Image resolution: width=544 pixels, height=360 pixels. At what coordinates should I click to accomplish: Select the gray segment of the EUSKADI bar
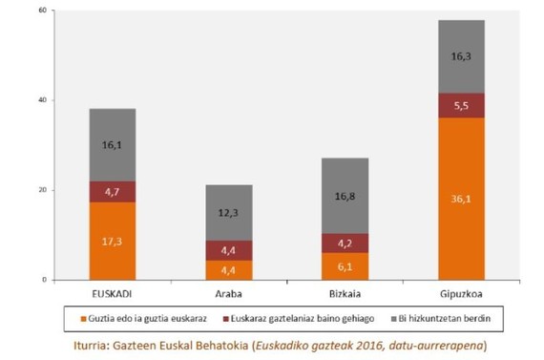pyautogui.click(x=113, y=144)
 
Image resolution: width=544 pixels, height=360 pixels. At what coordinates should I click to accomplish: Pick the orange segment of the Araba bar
pyautogui.click(x=228, y=270)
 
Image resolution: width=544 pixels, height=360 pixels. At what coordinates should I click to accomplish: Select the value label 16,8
pyautogui.click(x=345, y=197)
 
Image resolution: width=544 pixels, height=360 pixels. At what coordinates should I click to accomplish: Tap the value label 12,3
pyautogui.click(x=228, y=213)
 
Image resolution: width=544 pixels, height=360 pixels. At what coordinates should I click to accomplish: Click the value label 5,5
pyautogui.click(x=461, y=105)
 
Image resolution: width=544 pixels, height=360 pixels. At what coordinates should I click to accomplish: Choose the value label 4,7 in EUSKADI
pyautogui.click(x=113, y=192)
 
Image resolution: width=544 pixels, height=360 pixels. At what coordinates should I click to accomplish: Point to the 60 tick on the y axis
pyautogui.click(x=41, y=11)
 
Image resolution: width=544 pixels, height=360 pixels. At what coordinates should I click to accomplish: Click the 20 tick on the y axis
pyautogui.click(x=41, y=190)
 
